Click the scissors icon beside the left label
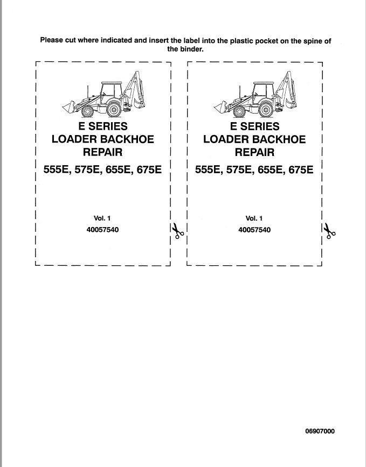[177, 230]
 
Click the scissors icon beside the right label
[329, 231]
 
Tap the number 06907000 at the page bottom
[320, 431]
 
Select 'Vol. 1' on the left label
[102, 218]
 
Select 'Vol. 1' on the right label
[254, 218]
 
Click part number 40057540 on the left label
[102, 230]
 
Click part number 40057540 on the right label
[254, 230]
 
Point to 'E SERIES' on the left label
[103, 126]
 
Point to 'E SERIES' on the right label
[255, 126]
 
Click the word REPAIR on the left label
[102, 152]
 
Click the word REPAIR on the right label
[254, 152]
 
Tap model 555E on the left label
[57, 170]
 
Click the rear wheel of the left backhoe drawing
[114, 109]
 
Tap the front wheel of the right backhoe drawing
[239, 111]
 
